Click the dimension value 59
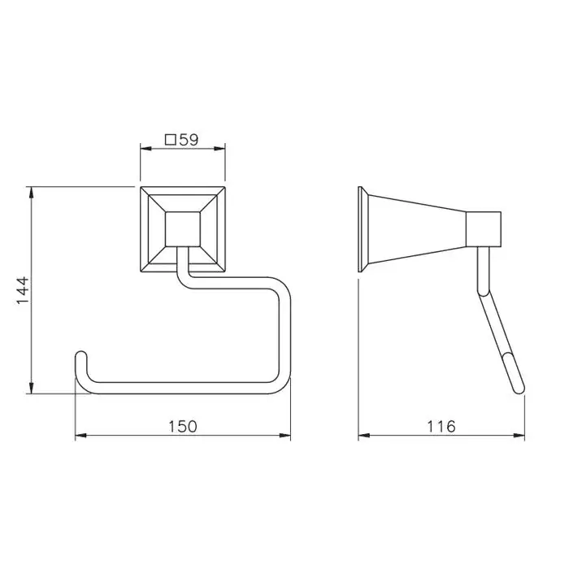189,140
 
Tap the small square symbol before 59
171,140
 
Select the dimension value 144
23,290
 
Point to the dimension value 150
183,427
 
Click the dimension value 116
441,427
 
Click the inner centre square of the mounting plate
183,229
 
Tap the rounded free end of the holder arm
81,356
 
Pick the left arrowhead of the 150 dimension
80,435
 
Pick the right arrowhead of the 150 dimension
284,435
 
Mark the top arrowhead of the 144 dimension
32,193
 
